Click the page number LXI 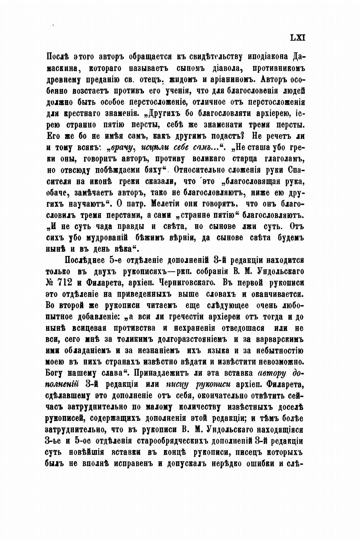[297, 37]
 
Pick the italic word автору [272, 374]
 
